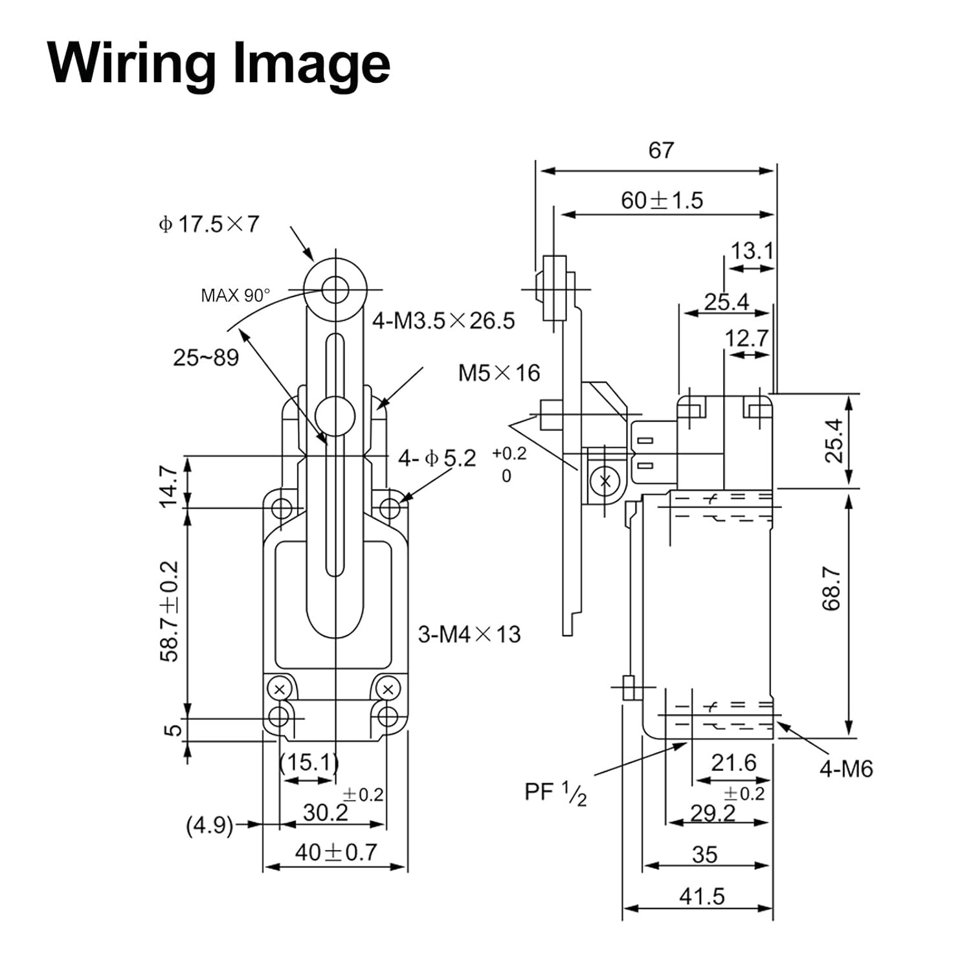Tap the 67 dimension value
[x=661, y=150]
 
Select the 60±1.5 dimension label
[x=662, y=200]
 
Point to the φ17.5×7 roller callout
[x=208, y=224]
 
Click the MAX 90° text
[x=235, y=295]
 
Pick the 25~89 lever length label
[x=206, y=357]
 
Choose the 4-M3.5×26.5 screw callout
[x=443, y=320]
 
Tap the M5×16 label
[x=499, y=373]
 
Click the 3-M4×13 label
[x=469, y=634]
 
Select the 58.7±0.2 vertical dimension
[x=169, y=610]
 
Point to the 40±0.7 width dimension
[x=335, y=852]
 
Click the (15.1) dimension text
[x=309, y=763]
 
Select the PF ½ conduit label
[x=556, y=793]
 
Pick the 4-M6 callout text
[x=846, y=769]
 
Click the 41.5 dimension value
[x=702, y=897]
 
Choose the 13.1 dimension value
[x=752, y=251]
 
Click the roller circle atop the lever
[x=335, y=289]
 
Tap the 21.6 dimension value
[x=733, y=763]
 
